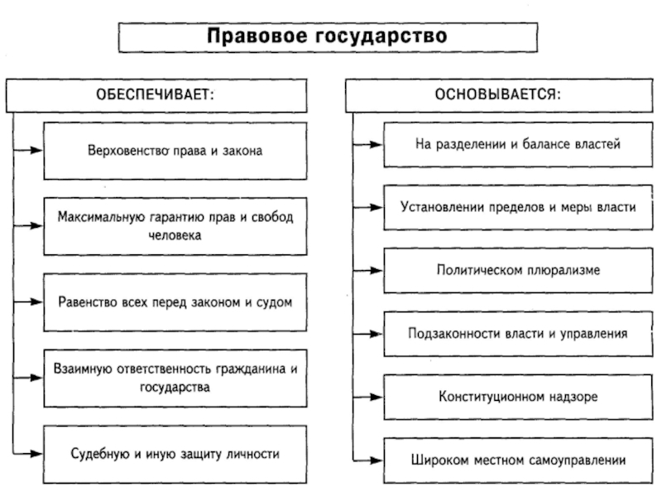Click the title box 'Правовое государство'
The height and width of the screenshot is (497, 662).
point(328,36)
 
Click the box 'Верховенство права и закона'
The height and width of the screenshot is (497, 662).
point(175,151)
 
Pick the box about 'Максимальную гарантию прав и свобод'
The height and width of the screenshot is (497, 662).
point(175,225)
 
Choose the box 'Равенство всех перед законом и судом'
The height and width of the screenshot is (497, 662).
point(175,302)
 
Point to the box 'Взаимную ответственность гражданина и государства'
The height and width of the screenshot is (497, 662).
point(175,378)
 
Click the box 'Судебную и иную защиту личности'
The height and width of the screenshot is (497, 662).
point(175,454)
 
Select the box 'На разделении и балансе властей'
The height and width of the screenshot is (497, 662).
point(517,143)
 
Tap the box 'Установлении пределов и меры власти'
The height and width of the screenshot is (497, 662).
point(517,206)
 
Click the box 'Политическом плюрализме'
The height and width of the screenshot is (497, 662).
point(517,269)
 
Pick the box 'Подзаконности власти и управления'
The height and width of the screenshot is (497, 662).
point(517,333)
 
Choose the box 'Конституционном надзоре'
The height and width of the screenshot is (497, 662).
point(517,396)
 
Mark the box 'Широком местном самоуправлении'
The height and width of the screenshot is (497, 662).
point(517,459)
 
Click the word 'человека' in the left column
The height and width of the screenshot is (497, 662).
point(175,234)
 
